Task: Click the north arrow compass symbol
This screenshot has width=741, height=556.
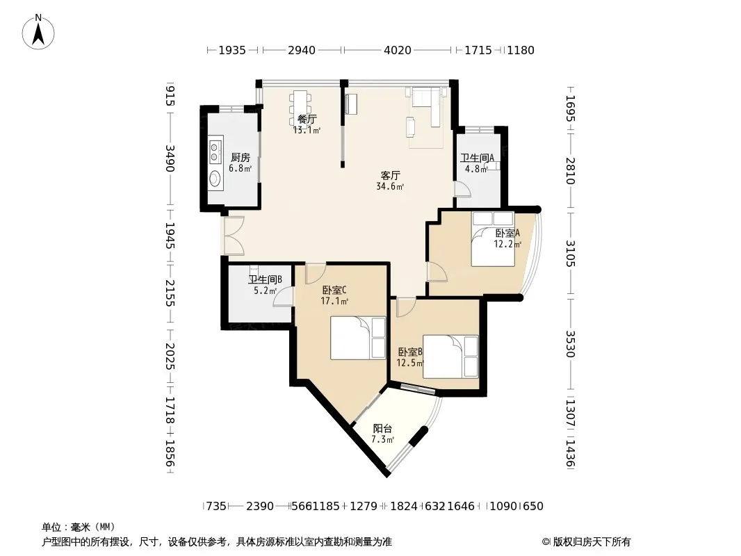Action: [x=38, y=32]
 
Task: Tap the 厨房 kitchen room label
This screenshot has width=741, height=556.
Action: [x=240, y=157]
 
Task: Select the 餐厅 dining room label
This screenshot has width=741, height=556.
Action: [x=307, y=119]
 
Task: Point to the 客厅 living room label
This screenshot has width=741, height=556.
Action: [x=391, y=175]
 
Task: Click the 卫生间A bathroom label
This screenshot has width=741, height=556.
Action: [x=478, y=158]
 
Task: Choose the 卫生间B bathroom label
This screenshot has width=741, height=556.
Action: [x=265, y=279]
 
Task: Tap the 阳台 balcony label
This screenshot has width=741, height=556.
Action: [x=382, y=428]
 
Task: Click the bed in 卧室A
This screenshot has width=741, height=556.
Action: [x=493, y=239]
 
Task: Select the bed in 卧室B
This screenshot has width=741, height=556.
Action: [x=451, y=357]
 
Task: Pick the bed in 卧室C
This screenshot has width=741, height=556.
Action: [x=358, y=338]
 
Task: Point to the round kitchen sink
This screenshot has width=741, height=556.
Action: [x=215, y=179]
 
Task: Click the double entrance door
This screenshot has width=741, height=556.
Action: [x=233, y=236]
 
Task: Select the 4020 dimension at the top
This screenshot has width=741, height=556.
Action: [x=398, y=50]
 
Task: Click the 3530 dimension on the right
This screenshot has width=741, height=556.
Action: [x=571, y=344]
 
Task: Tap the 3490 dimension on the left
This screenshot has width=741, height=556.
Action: [x=170, y=158]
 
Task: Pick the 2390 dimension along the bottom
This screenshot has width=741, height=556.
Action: [x=259, y=507]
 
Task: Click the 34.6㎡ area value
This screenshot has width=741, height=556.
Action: [x=390, y=186]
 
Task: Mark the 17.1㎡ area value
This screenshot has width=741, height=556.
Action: [x=334, y=301]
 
